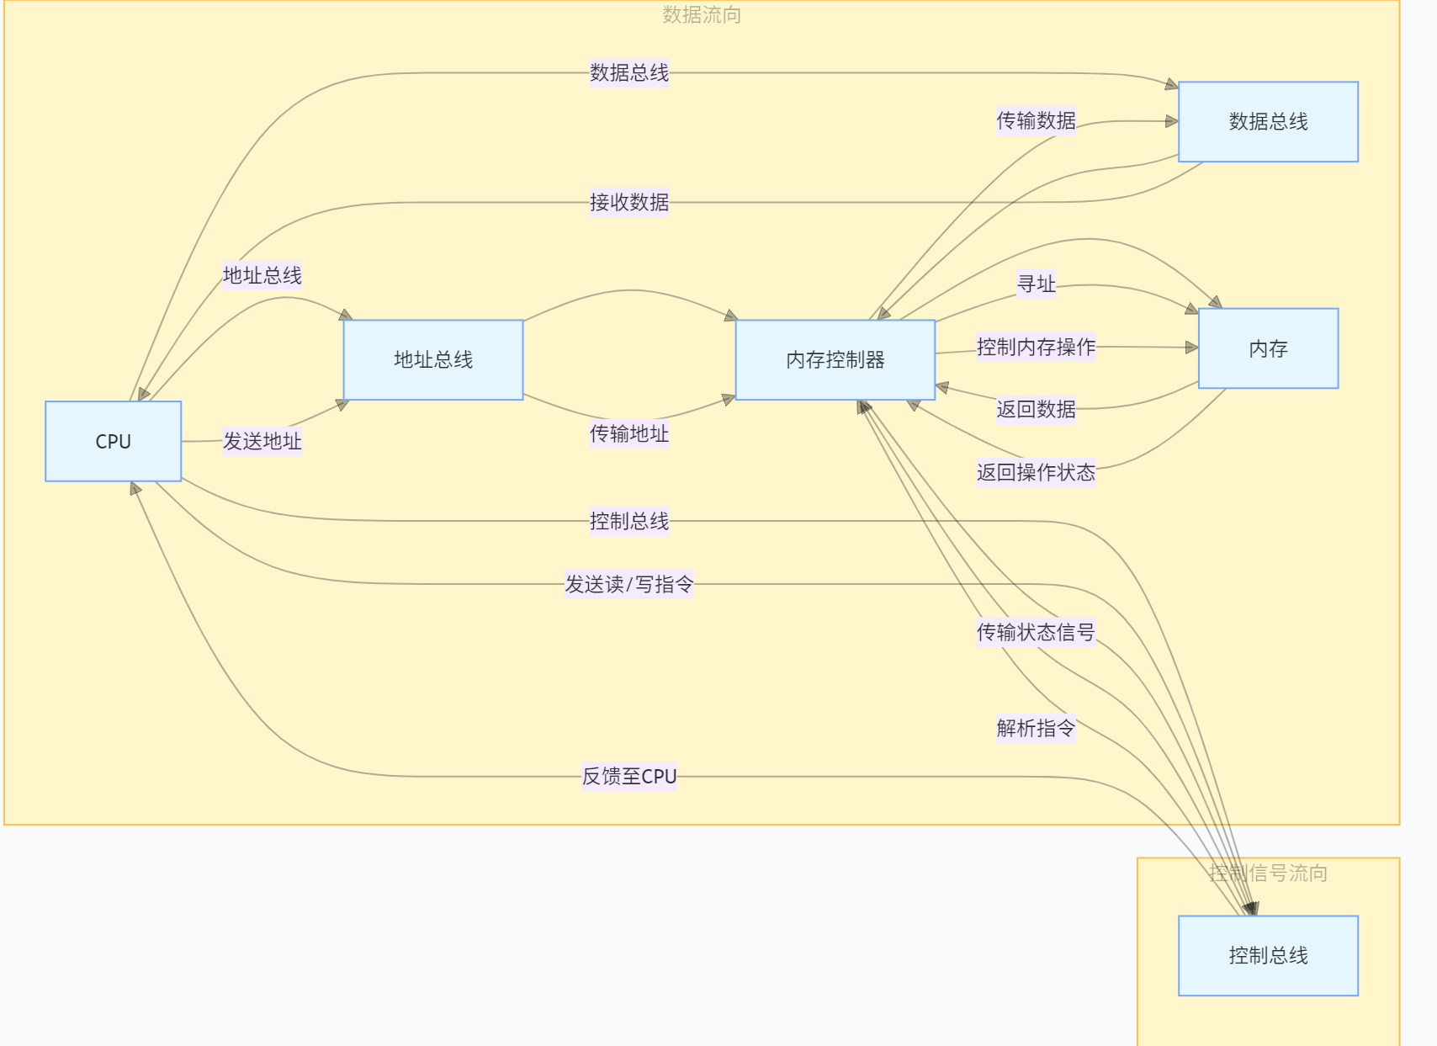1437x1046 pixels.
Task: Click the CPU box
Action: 113,441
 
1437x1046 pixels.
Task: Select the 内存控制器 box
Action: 835,359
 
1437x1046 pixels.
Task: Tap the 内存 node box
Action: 1268,348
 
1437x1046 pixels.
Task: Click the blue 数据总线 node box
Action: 1268,121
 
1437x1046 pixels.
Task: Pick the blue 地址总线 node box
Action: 433,359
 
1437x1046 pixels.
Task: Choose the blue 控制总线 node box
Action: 1268,955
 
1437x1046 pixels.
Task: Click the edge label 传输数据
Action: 1036,120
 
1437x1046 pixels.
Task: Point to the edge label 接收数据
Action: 629,202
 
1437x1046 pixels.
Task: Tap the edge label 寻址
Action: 1036,284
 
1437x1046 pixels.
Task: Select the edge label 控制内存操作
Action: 1036,347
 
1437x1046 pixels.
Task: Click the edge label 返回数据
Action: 1036,409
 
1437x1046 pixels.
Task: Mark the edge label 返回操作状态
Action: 1036,472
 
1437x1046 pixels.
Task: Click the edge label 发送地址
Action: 262,441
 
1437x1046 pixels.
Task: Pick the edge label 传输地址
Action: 629,433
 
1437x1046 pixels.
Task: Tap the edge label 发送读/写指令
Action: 629,584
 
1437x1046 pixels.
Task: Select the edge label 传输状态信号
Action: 1036,632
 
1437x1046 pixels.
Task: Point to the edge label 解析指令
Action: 1036,728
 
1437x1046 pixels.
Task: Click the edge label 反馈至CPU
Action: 629,776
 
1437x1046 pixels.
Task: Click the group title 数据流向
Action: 701,14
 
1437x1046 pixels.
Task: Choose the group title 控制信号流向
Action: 1268,873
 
